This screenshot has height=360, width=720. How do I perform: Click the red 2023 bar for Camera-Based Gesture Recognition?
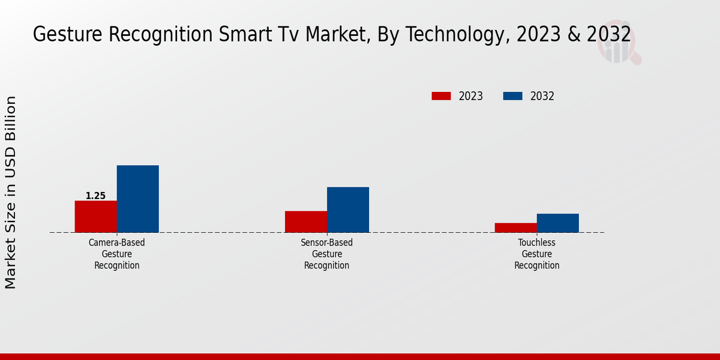pos(95,217)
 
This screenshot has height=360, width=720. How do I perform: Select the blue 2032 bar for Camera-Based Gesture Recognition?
pos(138,199)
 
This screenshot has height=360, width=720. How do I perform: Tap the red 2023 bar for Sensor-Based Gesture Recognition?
pos(306,221)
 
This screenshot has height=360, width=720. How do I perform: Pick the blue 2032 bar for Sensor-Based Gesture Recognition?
pos(348,209)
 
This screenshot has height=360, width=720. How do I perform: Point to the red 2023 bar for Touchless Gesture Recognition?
pos(516,227)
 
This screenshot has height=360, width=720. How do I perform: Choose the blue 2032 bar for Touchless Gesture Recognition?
pos(558,223)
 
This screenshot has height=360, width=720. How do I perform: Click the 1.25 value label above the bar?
pos(95,196)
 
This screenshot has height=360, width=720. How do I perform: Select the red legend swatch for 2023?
pos(441,96)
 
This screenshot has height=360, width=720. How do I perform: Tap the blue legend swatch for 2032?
pos(512,96)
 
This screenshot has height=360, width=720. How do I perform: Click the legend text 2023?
pos(471,96)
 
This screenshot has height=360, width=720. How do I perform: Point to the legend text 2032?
pos(542,96)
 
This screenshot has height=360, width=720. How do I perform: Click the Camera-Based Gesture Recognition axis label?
pos(117,254)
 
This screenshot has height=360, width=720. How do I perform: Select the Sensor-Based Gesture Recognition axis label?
pos(327,254)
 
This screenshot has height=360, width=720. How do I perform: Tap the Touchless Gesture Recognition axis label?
pos(537,254)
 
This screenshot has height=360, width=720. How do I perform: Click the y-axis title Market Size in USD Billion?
pos(11,192)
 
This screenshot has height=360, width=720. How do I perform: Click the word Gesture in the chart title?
pos(67,35)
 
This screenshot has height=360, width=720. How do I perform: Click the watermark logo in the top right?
pos(618,46)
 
